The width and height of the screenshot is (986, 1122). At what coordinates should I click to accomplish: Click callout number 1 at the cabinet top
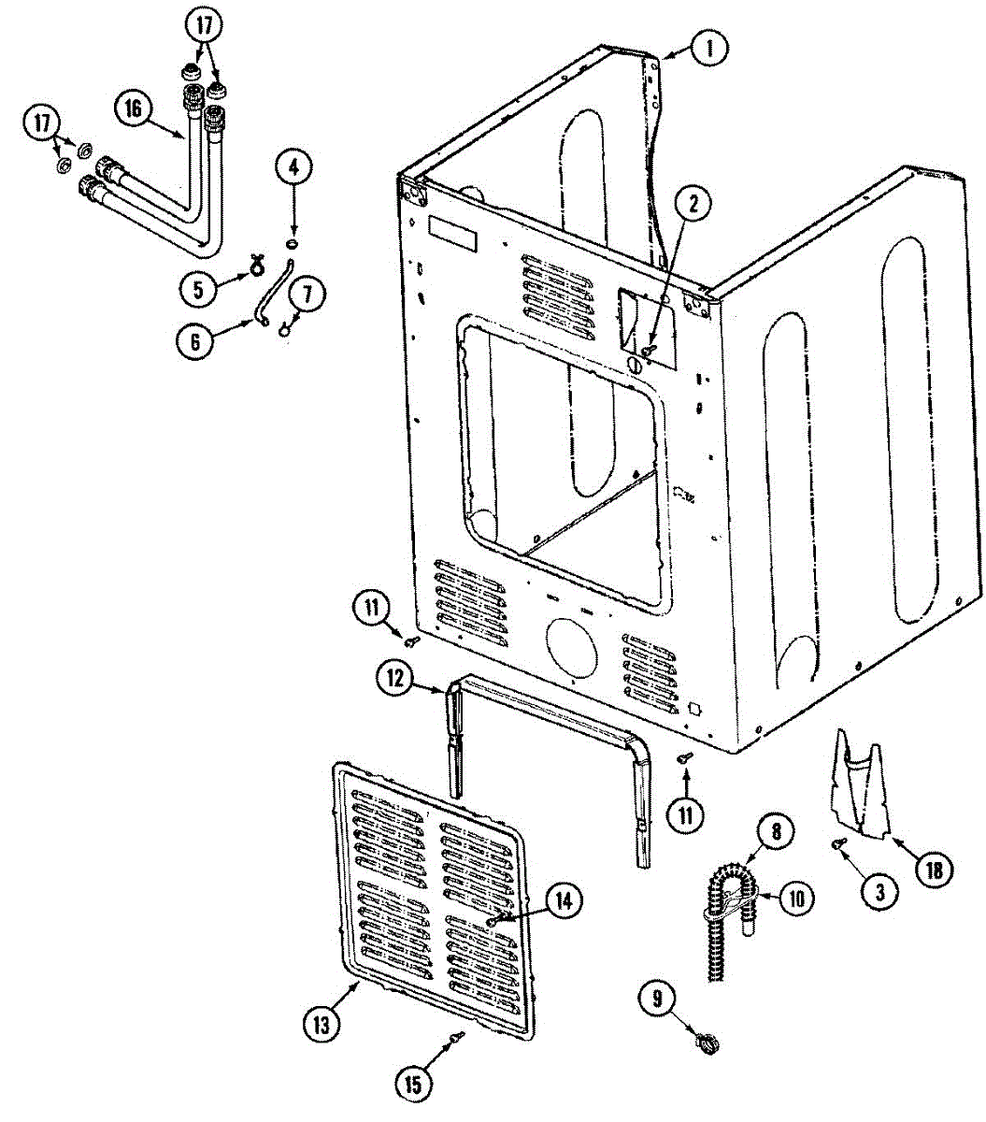709,48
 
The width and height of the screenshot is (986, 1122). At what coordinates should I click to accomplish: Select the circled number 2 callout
693,203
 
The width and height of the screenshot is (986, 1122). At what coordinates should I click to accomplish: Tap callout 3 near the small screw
879,891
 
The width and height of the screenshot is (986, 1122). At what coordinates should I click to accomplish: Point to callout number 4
293,168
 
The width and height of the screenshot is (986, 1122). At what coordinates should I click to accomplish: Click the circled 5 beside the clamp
198,289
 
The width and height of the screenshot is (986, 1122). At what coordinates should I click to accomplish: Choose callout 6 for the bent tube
194,341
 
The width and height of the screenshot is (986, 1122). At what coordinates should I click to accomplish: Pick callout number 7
308,294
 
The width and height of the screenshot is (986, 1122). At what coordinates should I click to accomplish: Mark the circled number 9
657,999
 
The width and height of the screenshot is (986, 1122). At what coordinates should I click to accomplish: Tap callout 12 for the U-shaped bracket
396,678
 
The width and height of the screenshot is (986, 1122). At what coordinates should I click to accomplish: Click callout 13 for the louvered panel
322,1025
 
